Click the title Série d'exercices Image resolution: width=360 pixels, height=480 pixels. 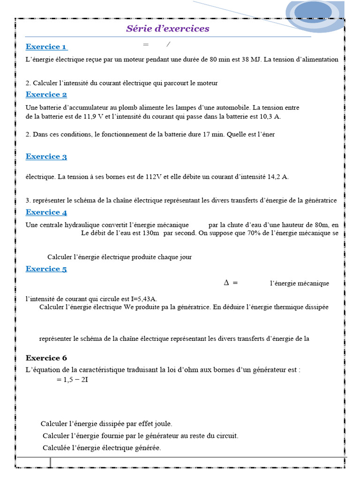coord(167,29)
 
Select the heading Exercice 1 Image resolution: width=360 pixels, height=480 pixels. coord(46,47)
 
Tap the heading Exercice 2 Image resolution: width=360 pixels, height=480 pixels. coord(46,95)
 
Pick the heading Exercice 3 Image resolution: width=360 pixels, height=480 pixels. coord(46,157)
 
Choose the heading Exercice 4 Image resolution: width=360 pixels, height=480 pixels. coord(46,212)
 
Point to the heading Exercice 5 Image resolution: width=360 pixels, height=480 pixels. coord(46,269)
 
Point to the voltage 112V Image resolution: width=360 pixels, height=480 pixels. coord(154,177)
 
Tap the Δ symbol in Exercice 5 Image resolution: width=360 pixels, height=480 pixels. coord(226,283)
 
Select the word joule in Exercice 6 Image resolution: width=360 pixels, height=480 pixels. coord(163,424)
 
